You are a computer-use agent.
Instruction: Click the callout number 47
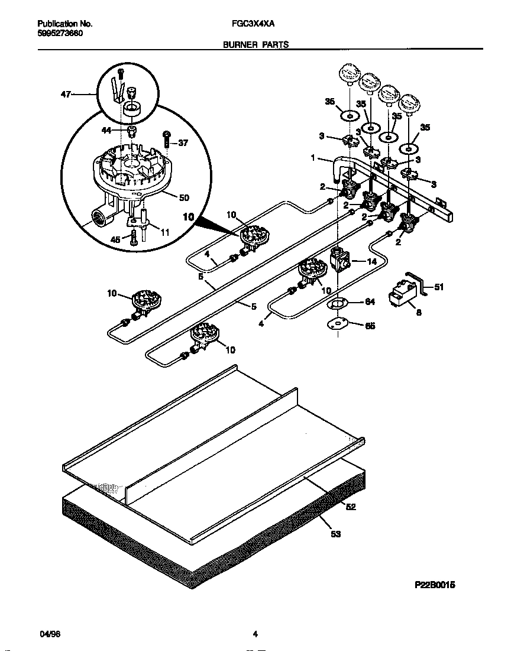tap(66, 93)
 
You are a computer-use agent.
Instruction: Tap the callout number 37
tap(183, 142)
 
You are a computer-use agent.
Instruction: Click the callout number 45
tap(117, 239)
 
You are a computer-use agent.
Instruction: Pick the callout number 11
tap(164, 232)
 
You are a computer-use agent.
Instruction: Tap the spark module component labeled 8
tap(400, 294)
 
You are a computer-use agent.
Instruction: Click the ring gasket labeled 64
tap(337, 304)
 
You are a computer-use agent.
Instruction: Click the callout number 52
tap(351, 506)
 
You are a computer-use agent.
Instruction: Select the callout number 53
tap(335, 534)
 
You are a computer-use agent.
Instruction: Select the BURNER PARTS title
tap(256, 44)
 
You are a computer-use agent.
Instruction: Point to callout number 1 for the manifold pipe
tap(313, 158)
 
